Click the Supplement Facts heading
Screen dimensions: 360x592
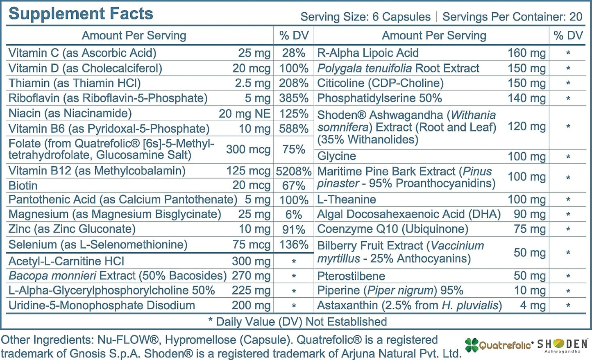pyautogui.click(x=81, y=14)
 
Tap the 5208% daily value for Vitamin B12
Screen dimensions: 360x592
pyautogui.click(x=293, y=171)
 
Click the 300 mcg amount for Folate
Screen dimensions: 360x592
pyautogui.click(x=248, y=149)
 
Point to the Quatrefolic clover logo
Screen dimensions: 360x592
pyautogui.click(x=472, y=345)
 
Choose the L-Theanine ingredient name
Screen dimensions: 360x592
pyautogui.click(x=347, y=199)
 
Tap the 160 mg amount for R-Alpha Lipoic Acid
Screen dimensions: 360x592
pyautogui.click(x=526, y=53)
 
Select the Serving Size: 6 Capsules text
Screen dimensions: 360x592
pyautogui.click(x=365, y=17)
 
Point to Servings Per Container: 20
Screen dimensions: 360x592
pyautogui.click(x=512, y=17)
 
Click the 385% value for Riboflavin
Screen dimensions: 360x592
pyautogui.click(x=293, y=98)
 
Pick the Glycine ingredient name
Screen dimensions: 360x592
pyautogui.click(x=336, y=156)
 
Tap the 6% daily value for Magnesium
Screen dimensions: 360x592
pyautogui.click(x=293, y=215)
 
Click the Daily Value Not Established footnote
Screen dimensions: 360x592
pyautogui.click(x=297, y=322)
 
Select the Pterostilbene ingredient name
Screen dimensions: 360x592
pyautogui.click(x=351, y=276)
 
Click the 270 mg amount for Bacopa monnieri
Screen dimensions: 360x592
pyautogui.click(x=251, y=276)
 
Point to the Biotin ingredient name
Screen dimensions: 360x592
pyautogui.click(x=23, y=186)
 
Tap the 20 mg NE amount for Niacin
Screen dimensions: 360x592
pyautogui.click(x=244, y=113)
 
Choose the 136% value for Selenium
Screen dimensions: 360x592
pyautogui.click(x=293, y=245)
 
